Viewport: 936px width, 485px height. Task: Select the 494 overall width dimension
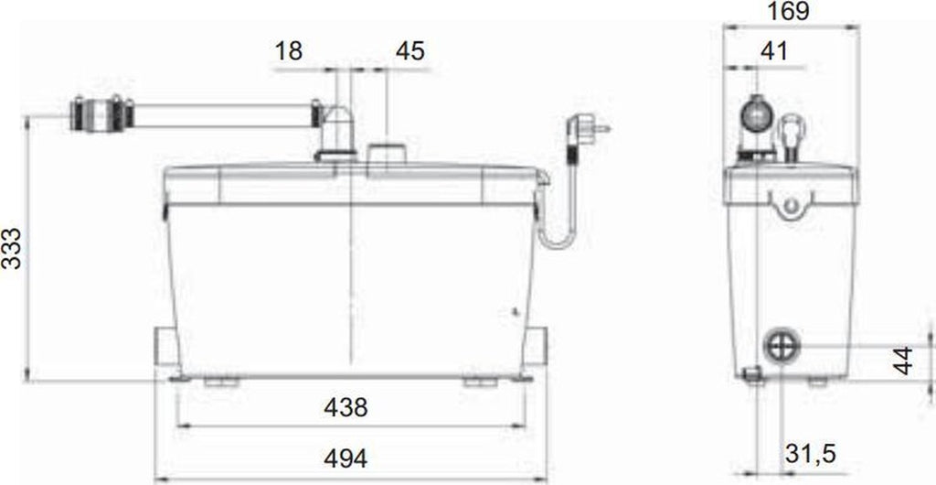click(346, 458)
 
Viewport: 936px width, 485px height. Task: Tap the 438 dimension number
click(346, 407)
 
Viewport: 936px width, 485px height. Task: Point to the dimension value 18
click(288, 50)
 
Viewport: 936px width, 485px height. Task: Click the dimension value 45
click(410, 50)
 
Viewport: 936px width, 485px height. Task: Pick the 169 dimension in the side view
click(789, 11)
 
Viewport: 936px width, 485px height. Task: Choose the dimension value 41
click(774, 51)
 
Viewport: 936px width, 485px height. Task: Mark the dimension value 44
click(904, 361)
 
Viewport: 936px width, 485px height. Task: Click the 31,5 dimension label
click(810, 455)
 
